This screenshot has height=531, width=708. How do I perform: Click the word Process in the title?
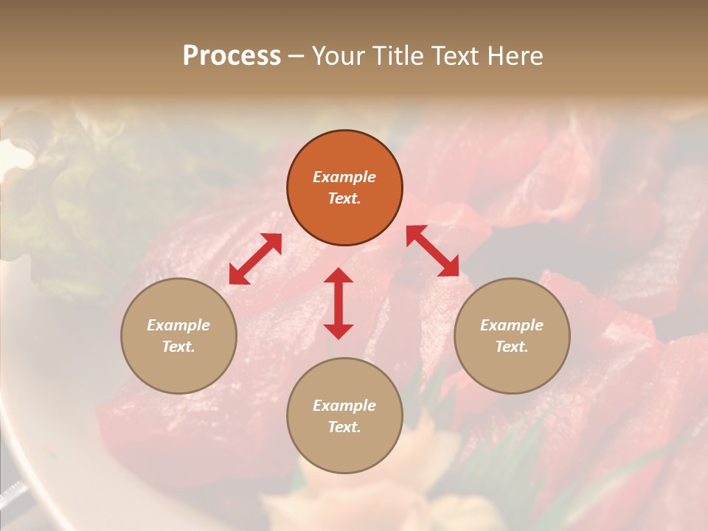[232, 56]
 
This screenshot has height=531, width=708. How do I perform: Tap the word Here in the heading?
[513, 56]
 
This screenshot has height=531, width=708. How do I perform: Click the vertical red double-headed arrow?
[339, 303]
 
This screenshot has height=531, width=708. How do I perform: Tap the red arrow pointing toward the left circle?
[255, 259]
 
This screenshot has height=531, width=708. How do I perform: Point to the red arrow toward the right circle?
[432, 251]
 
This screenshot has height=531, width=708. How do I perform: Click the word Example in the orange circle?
[344, 177]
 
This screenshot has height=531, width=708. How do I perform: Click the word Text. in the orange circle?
[344, 198]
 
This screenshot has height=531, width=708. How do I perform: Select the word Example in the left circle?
[178, 325]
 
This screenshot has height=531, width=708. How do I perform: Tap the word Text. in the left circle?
[178, 347]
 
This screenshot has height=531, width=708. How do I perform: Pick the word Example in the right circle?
[512, 325]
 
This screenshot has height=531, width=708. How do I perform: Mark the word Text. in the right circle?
[512, 347]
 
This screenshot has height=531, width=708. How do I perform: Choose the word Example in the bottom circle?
[344, 406]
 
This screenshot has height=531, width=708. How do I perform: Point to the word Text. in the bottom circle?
[344, 427]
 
